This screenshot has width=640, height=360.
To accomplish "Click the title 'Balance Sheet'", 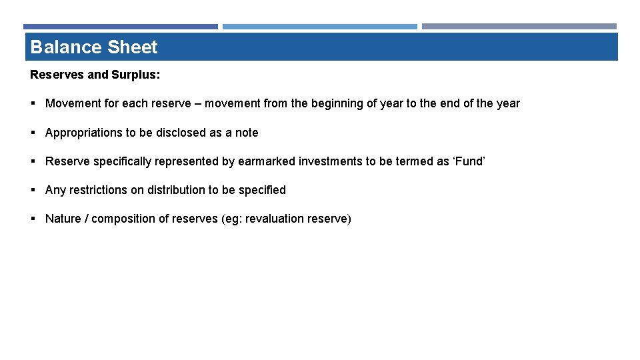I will (x=94, y=47).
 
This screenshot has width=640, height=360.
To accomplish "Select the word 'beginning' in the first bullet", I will (x=332, y=103).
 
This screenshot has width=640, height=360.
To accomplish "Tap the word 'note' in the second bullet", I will (x=246, y=133).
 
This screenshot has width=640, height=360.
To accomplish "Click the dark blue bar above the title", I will (x=121, y=27).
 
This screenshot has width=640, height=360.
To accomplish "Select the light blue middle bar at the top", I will (x=319, y=27).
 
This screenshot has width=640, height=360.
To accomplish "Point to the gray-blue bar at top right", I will (x=519, y=27).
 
